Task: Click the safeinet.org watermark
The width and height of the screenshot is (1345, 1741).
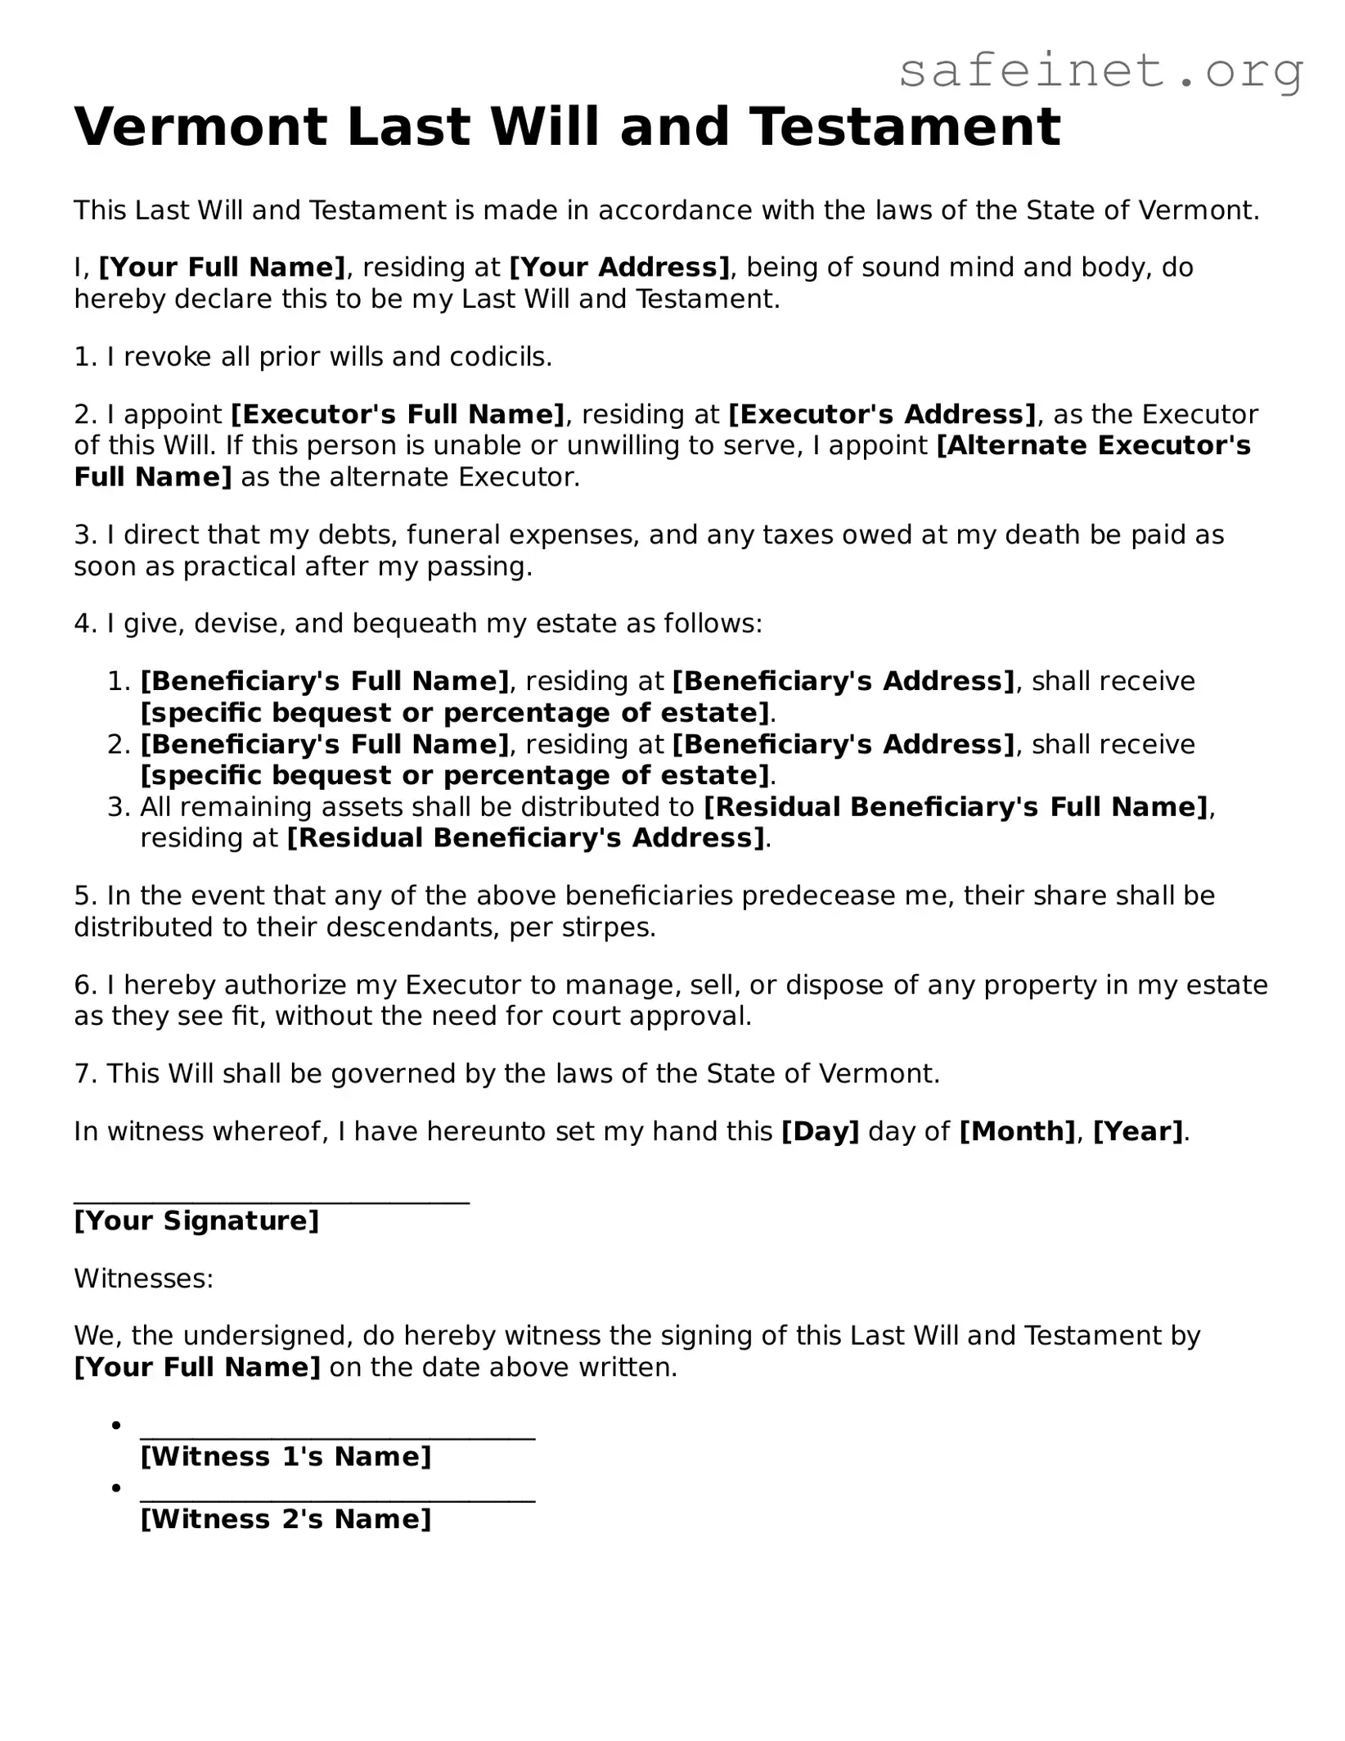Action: pyautogui.click(x=1100, y=71)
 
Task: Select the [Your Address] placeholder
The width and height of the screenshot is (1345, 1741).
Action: pyautogui.click(x=619, y=268)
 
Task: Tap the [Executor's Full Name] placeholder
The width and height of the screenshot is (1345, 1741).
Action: pyautogui.click(x=398, y=414)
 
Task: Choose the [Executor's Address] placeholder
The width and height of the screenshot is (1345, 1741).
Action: pyautogui.click(x=882, y=414)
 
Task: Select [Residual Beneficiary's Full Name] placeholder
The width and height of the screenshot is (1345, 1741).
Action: pyautogui.click(x=956, y=807)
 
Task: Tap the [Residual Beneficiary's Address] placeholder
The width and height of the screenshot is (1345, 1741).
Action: pyautogui.click(x=525, y=838)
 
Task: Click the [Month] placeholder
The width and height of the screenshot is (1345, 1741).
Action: pyautogui.click(x=1016, y=1131)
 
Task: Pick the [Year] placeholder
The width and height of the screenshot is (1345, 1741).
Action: pyautogui.click(x=1138, y=1131)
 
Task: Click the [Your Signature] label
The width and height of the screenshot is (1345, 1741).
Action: pyautogui.click(x=196, y=1220)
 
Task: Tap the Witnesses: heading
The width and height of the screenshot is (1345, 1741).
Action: pyautogui.click(x=144, y=1279)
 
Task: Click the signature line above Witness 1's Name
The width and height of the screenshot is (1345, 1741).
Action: pyautogui.click(x=337, y=1438)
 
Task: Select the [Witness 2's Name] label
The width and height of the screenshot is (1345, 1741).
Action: pyautogui.click(x=286, y=1519)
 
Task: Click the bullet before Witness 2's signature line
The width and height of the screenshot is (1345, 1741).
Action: pyautogui.click(x=117, y=1487)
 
